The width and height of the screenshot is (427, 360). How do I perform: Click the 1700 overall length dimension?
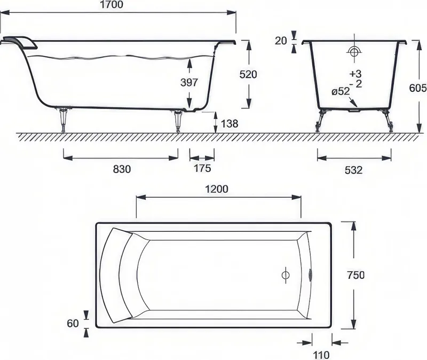point(112,5)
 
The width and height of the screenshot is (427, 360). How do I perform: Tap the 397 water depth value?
point(189,82)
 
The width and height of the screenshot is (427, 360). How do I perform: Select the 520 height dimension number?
point(248,74)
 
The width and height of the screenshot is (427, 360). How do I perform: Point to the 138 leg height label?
point(230,124)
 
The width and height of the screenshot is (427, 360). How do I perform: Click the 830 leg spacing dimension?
point(122,169)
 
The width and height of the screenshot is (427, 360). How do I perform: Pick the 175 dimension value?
point(202,168)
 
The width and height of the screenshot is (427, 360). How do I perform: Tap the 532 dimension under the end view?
point(353,170)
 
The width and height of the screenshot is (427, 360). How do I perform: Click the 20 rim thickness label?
point(281,41)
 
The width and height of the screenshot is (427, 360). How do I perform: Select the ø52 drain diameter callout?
point(341,91)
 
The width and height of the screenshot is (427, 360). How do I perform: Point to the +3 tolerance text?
point(355,74)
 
